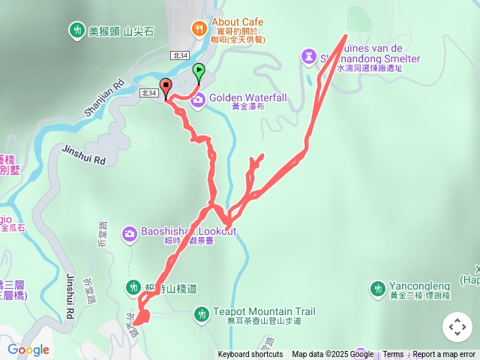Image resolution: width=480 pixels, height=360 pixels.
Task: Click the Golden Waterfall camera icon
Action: click(x=197, y=99)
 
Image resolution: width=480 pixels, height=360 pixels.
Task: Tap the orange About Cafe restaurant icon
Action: click(x=199, y=28)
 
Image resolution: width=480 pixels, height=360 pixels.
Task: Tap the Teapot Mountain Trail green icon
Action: click(x=200, y=313)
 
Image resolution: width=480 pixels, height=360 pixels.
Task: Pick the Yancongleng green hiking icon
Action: click(x=378, y=288)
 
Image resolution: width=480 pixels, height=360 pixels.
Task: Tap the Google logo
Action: click(x=28, y=350)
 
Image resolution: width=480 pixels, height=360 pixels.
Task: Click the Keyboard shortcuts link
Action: click(x=250, y=355)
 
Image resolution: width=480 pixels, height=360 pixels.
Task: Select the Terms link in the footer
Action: click(x=393, y=355)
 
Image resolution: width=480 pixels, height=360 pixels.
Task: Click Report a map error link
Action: click(x=444, y=355)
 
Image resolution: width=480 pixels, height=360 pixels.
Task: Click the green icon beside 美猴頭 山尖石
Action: click(x=76, y=31)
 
